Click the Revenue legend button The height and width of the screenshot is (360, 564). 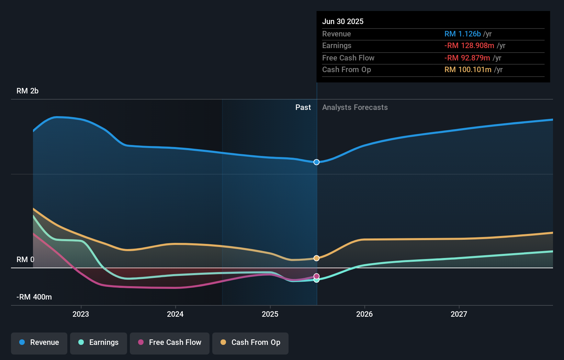coord(39,342)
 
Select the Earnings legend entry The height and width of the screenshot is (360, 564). coord(99,342)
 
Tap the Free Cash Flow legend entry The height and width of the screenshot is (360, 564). coord(170,342)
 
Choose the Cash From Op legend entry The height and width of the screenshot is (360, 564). coord(250,342)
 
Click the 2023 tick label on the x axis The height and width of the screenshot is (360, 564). coord(81,314)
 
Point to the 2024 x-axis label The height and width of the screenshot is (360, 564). coord(175,314)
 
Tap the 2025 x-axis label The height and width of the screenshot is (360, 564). coord(270,314)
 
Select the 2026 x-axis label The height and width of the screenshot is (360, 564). coord(364,314)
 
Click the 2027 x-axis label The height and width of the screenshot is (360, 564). coord(459,314)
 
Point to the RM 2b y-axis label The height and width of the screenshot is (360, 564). coord(27,91)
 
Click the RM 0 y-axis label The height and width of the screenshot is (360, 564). coord(25,260)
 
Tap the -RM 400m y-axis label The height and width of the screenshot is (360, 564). coord(34,297)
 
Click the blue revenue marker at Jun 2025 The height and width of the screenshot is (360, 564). coord(316,162)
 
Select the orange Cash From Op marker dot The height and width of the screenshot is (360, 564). coord(316,258)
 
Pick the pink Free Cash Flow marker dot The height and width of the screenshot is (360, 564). coord(316,276)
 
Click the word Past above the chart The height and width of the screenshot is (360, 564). coord(303,108)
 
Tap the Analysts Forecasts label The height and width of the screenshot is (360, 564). coord(355,108)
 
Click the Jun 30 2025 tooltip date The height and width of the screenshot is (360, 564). coord(343,21)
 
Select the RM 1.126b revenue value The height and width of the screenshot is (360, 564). coord(462,34)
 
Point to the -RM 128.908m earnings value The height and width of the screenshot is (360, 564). coord(469,46)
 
